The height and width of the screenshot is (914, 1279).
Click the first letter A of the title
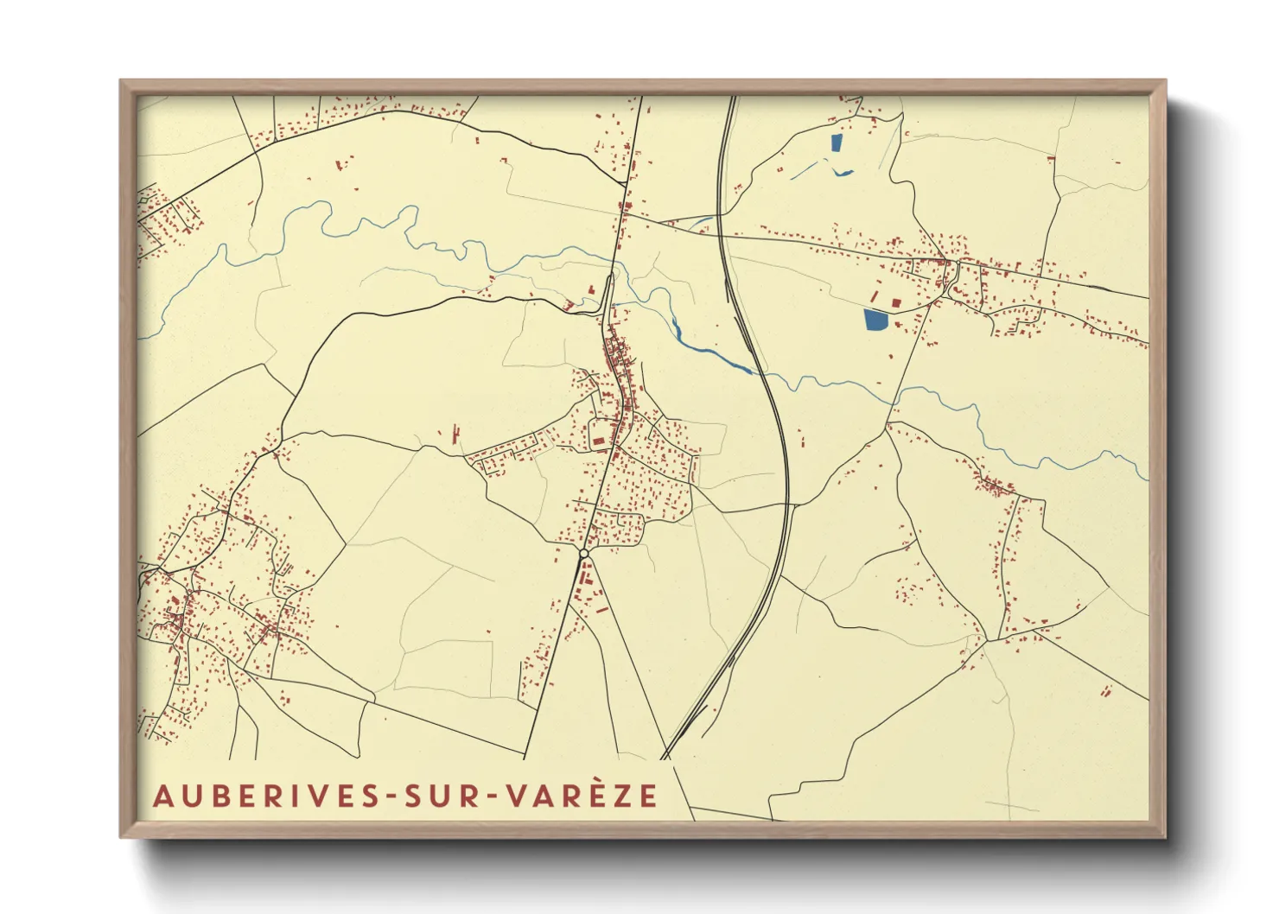(x=162, y=797)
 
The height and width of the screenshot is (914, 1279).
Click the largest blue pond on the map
(x=875, y=321)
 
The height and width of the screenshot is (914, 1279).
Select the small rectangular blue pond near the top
(x=836, y=143)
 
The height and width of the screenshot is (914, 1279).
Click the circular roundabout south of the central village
(x=584, y=553)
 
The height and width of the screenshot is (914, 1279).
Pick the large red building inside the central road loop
(x=599, y=441)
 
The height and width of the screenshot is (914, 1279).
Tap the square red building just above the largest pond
(x=896, y=302)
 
